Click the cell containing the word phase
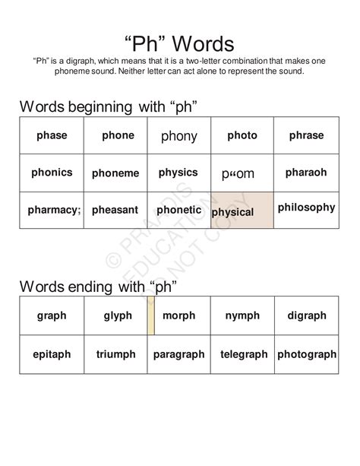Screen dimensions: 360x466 (52, 136)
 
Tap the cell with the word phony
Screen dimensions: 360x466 (179, 137)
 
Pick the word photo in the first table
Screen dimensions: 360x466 (242, 136)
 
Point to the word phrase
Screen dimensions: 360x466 (306, 136)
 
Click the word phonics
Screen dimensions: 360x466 (52, 173)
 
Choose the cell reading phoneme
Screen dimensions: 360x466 (115, 173)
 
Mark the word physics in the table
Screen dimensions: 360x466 (178, 173)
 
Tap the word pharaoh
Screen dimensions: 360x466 (306, 173)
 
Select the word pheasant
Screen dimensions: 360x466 (115, 210)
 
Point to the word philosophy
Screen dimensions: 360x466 (306, 207)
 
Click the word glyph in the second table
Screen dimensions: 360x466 (118, 315)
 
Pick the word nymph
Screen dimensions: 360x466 (242, 315)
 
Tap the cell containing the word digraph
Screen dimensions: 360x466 (307, 315)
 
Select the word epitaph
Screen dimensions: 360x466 (52, 354)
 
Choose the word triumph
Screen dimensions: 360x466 (116, 354)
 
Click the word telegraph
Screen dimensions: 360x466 (244, 354)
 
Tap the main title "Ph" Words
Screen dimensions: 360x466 (179, 43)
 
